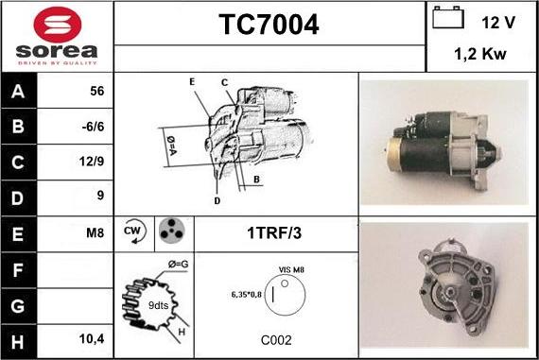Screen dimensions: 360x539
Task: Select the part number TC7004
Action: click(269, 26)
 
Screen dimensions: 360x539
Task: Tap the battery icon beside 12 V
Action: click(447, 20)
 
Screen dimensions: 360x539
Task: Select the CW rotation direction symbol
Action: click(132, 231)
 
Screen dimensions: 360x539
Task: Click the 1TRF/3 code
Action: click(276, 231)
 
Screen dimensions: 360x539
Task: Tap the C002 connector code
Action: click(276, 340)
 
